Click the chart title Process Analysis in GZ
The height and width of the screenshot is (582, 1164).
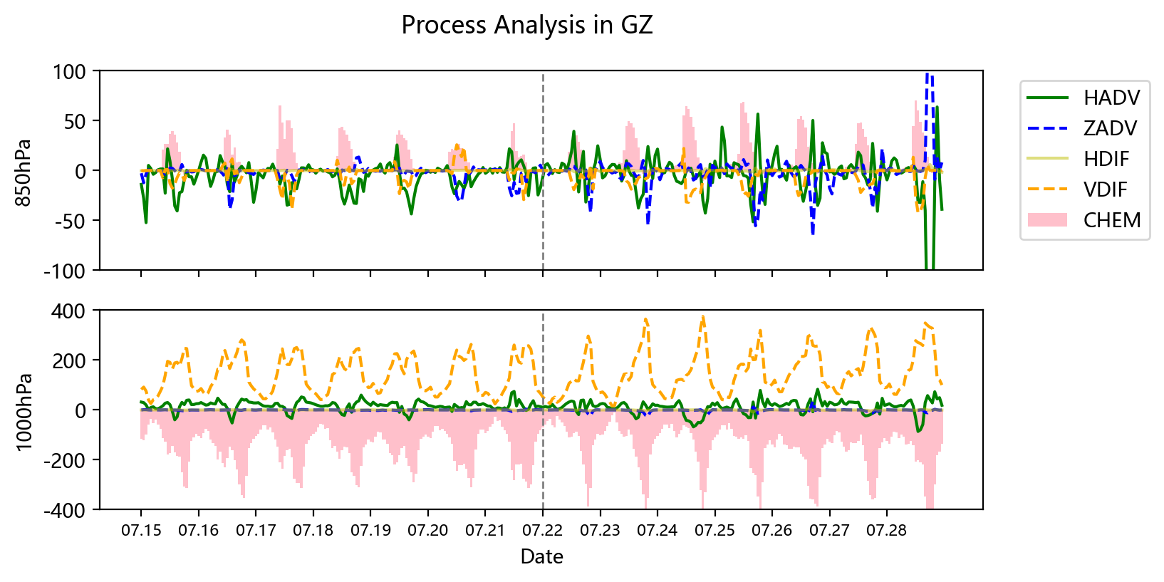pyautogui.click(x=526, y=26)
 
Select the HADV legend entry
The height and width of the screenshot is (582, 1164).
pyautogui.click(x=1111, y=98)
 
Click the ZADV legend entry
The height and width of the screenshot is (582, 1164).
pyautogui.click(x=1110, y=128)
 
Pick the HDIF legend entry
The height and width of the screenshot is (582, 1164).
pyautogui.click(x=1106, y=159)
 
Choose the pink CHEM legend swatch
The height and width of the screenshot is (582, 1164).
pyautogui.click(x=1047, y=220)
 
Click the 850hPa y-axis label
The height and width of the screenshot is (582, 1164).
pyautogui.click(x=24, y=171)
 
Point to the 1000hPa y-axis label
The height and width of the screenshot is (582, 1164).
pyautogui.click(x=24, y=410)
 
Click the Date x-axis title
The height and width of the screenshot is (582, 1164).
pyautogui.click(x=541, y=557)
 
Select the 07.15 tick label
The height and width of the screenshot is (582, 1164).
pyautogui.click(x=140, y=531)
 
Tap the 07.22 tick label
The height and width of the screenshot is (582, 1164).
pyautogui.click(x=543, y=531)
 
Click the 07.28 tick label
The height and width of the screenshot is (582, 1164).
pyautogui.click(x=887, y=531)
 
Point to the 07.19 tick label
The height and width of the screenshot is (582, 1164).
pyautogui.click(x=370, y=531)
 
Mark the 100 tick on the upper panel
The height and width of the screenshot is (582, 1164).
pyautogui.click(x=69, y=71)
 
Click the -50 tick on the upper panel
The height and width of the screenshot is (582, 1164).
pyautogui.click(x=69, y=221)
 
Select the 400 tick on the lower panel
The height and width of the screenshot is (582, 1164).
pyautogui.click(x=69, y=311)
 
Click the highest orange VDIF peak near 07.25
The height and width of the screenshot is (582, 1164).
pyautogui.click(x=703, y=318)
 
